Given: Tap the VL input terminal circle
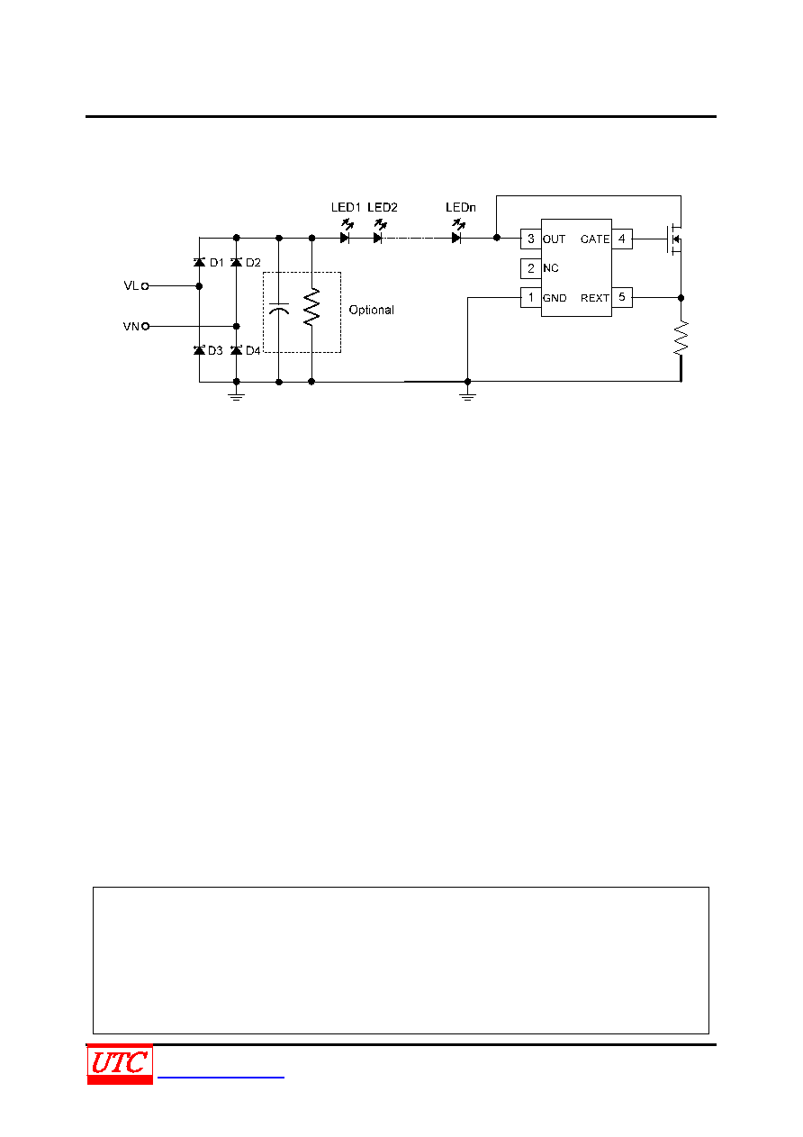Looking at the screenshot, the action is coord(145,286).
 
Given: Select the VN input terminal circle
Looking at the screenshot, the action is coord(146,327).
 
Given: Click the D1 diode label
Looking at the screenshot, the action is coord(217,263).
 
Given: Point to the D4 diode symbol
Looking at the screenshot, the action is coord(236,349).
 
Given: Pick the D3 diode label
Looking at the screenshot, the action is coord(215,351).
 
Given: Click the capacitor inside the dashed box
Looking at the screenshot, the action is coord(279,308).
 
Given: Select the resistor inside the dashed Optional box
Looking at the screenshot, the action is coord(311,307).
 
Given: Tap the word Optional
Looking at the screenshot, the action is coord(371,310).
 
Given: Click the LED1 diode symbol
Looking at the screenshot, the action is coord(345,238).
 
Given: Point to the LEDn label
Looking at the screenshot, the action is coord(460,207).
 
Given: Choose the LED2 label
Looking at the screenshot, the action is coord(383,207).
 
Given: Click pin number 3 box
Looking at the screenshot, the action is coord(531,239).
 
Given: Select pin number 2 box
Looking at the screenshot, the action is coord(531,268).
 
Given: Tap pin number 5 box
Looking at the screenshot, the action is coord(622,297).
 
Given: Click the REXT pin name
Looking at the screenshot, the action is coord(594,298).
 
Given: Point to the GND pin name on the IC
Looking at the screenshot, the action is coord(555,298).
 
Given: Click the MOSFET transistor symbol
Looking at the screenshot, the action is coord(673,239).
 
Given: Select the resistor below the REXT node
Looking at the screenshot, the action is coord(681,338).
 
